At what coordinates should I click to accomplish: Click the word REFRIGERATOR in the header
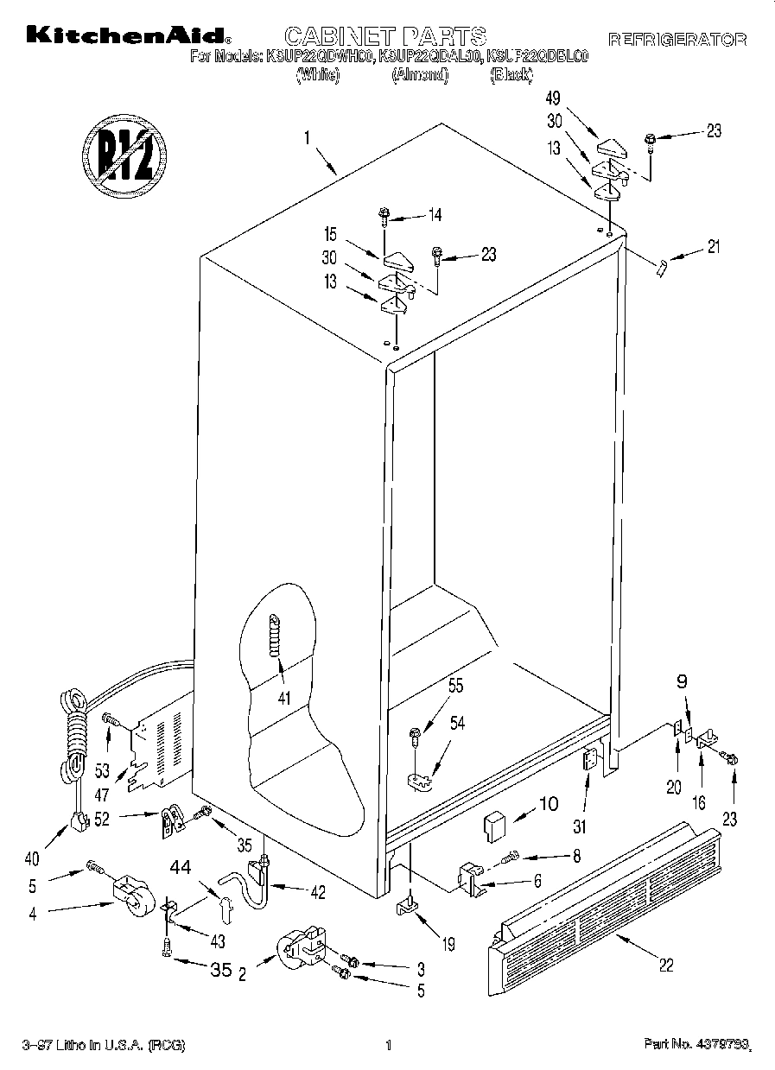[x=677, y=40]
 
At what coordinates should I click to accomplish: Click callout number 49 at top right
[x=554, y=98]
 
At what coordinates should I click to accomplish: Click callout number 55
[x=455, y=687]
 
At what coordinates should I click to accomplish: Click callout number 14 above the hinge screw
[x=434, y=215]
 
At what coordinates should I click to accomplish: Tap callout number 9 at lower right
[x=682, y=681]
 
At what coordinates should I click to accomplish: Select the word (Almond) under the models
[x=421, y=76]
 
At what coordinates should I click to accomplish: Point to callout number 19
[x=448, y=946]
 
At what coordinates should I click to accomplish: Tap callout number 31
[x=580, y=826]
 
